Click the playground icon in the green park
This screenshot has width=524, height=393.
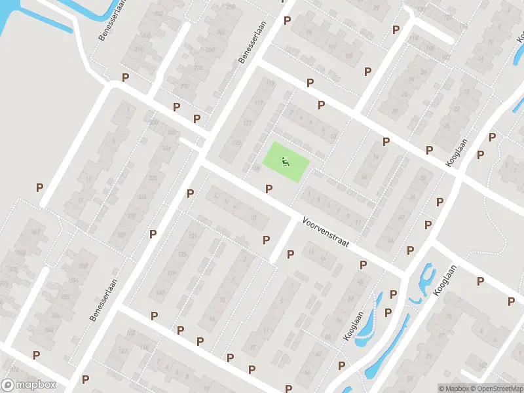pos(286,161)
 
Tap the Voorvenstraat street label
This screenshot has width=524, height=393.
pos(326,233)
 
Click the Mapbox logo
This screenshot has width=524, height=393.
pos(29,385)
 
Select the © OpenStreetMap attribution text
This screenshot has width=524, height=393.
pos(496,388)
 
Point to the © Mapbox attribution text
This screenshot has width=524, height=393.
pos(454,388)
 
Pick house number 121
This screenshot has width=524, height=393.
pos(247,123)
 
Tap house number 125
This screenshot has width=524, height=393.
pos(236,143)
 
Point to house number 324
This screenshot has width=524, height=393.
pos(142,196)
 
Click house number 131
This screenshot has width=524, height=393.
pos(192,236)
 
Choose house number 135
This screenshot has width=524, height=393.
pos(182,254)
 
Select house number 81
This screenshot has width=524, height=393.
pos(429,357)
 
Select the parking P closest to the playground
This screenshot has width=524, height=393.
pos(269,189)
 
